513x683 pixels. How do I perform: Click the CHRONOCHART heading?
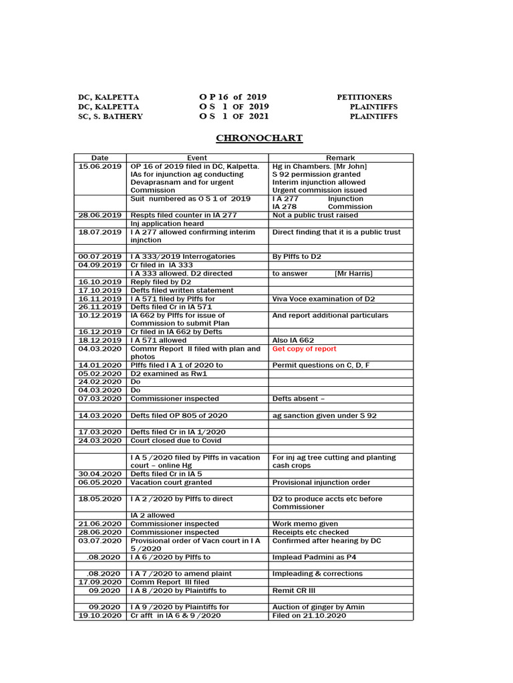click(259, 138)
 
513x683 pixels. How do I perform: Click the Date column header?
click(100, 158)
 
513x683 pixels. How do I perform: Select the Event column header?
click(197, 158)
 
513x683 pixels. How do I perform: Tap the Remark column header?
click(340, 158)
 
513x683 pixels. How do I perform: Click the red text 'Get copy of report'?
click(304, 349)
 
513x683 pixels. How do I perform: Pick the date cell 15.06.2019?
click(100, 166)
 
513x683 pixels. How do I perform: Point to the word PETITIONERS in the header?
click(364, 97)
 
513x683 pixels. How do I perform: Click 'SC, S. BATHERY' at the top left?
click(110, 116)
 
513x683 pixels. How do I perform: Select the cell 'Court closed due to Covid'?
click(176, 440)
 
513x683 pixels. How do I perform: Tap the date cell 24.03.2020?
click(100, 440)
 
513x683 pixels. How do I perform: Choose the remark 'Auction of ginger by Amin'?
click(318, 607)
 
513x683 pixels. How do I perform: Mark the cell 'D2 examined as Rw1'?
click(169, 374)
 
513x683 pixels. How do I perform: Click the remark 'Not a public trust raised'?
click(315, 215)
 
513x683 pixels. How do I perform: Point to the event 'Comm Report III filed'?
click(170, 582)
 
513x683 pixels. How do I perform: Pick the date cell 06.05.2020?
click(100, 482)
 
